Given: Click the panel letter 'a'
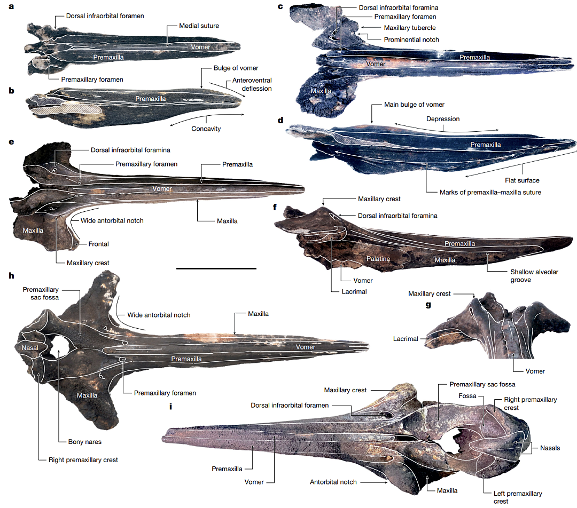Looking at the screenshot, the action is tap(11, 6).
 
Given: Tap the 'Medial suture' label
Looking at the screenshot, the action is tap(199, 26).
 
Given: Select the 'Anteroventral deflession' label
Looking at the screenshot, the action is tap(252, 84).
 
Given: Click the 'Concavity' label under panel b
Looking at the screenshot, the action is tap(206, 129).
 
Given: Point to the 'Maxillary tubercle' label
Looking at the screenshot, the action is tap(410, 28).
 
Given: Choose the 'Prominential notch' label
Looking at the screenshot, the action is tap(411, 39).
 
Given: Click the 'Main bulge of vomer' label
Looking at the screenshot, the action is tap(414, 105).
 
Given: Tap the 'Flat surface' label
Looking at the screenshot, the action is tap(522, 180).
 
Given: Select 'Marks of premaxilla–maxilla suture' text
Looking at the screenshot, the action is tap(490, 192).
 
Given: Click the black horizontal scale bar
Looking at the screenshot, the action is tap(216, 268).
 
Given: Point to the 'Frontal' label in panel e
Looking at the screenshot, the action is tap(98, 244).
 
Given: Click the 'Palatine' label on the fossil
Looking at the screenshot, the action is tap(378, 259).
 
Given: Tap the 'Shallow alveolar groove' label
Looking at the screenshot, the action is tap(534, 276).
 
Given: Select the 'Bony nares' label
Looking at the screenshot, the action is tap(84, 442).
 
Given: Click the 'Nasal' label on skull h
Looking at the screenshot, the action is tap(29, 348).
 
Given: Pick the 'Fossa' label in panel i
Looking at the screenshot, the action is tap(467, 396).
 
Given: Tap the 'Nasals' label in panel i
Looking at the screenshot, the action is tap(550, 448).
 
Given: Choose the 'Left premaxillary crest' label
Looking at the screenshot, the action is tap(518, 497).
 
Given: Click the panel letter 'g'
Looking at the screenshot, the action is tap(428, 305).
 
